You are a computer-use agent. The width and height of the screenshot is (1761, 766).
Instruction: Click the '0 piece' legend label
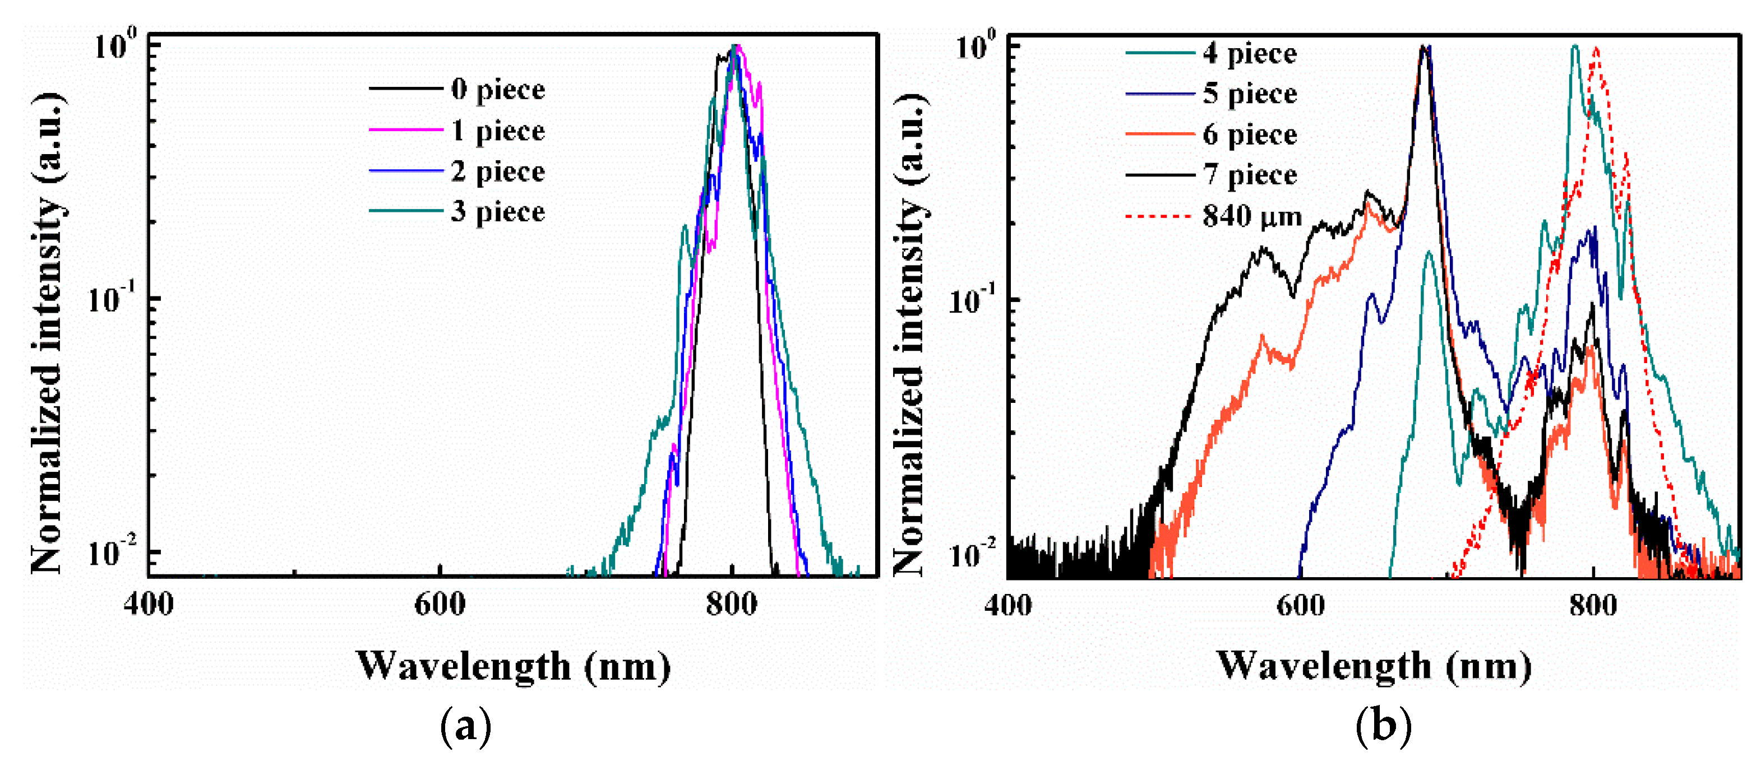pos(498,90)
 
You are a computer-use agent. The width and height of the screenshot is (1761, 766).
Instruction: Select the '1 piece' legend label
pos(498,131)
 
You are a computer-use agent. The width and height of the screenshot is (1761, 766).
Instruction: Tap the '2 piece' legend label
pos(498,171)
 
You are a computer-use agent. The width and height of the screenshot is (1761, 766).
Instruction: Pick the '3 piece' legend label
pos(498,211)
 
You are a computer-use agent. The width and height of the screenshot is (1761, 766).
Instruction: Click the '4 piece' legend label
pos(1250,53)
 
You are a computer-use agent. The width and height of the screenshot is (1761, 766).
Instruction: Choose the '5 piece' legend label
pos(1250,94)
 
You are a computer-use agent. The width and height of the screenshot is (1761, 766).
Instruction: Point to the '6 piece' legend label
pos(1250,134)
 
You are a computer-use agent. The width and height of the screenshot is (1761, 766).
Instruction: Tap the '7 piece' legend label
pos(1250,175)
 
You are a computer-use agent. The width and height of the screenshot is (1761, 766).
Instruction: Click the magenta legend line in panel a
pos(406,129)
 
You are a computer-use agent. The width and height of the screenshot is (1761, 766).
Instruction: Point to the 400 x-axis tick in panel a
pos(149,605)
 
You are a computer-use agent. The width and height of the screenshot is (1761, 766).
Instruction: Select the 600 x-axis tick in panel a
pos(440,605)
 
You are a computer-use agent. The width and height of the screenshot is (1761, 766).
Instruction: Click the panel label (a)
pos(465,726)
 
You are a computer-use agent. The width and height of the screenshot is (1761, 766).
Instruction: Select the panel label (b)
pos(1383,726)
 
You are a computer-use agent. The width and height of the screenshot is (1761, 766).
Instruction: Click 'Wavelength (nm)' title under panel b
pos(1374,666)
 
